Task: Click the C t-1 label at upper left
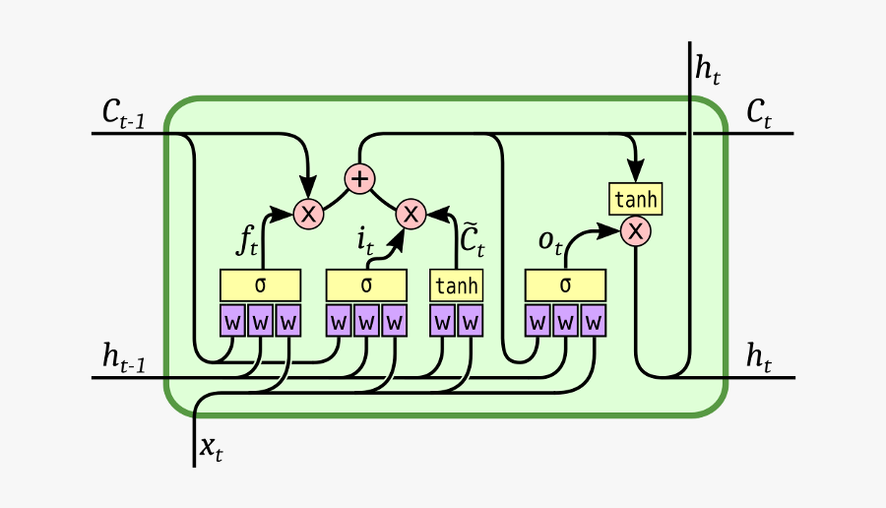coord(123,113)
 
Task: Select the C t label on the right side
coord(758,114)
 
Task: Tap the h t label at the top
coord(707,68)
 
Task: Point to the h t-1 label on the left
coord(124,359)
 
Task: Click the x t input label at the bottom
coord(211,448)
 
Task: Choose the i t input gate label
coord(365,239)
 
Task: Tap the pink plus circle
coord(360,179)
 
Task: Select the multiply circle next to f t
coord(309,213)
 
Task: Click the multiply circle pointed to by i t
coord(411,213)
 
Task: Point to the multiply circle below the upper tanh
coord(636,231)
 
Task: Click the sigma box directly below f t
coord(260,286)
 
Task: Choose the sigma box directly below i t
coord(366,286)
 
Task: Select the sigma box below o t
coord(565,286)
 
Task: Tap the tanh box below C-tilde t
coord(457,286)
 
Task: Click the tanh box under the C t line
coord(635,200)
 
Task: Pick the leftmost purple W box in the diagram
coord(232,321)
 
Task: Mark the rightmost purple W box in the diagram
coord(593,321)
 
